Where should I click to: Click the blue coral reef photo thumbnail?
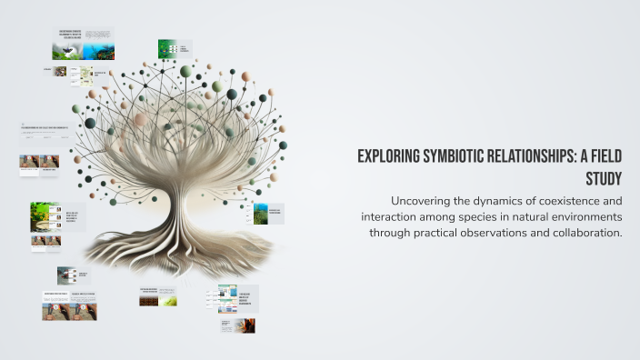[100, 52]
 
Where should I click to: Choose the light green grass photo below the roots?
[168, 300]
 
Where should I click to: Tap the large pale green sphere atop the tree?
[186, 71]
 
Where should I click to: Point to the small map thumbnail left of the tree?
[59, 71]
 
